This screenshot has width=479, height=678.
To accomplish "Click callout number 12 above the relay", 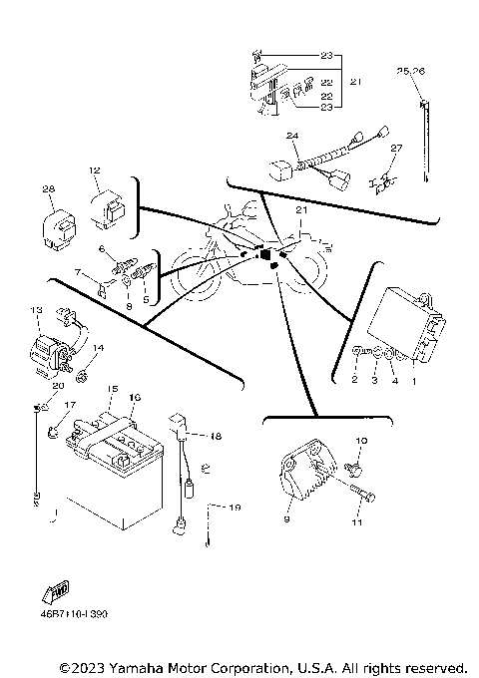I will click(x=96, y=170).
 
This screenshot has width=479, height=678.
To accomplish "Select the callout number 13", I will click(x=38, y=311).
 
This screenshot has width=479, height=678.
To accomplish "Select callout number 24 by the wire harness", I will click(x=292, y=135).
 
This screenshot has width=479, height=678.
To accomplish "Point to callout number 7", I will click(x=79, y=272).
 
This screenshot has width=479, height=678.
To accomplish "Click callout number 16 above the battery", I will click(x=135, y=397).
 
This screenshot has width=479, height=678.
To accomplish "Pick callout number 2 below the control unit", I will click(x=353, y=380).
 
